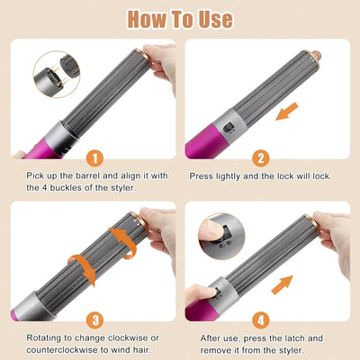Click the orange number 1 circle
pos(95,158)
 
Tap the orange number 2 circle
pos(261,158)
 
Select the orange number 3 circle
pos(95,320)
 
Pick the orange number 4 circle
pos(261,320)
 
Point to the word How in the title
pos(147,19)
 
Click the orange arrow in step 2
pos(287,112)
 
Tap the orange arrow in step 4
pos(282,284)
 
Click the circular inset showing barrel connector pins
pos(57,75)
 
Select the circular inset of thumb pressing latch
pos(221,236)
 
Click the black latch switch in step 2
pos(229,128)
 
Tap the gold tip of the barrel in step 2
pos(314,56)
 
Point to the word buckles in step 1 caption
pos(67,188)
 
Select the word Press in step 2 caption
pos(201,175)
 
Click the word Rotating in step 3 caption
pos(46,337)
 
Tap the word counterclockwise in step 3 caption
pos(62,350)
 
